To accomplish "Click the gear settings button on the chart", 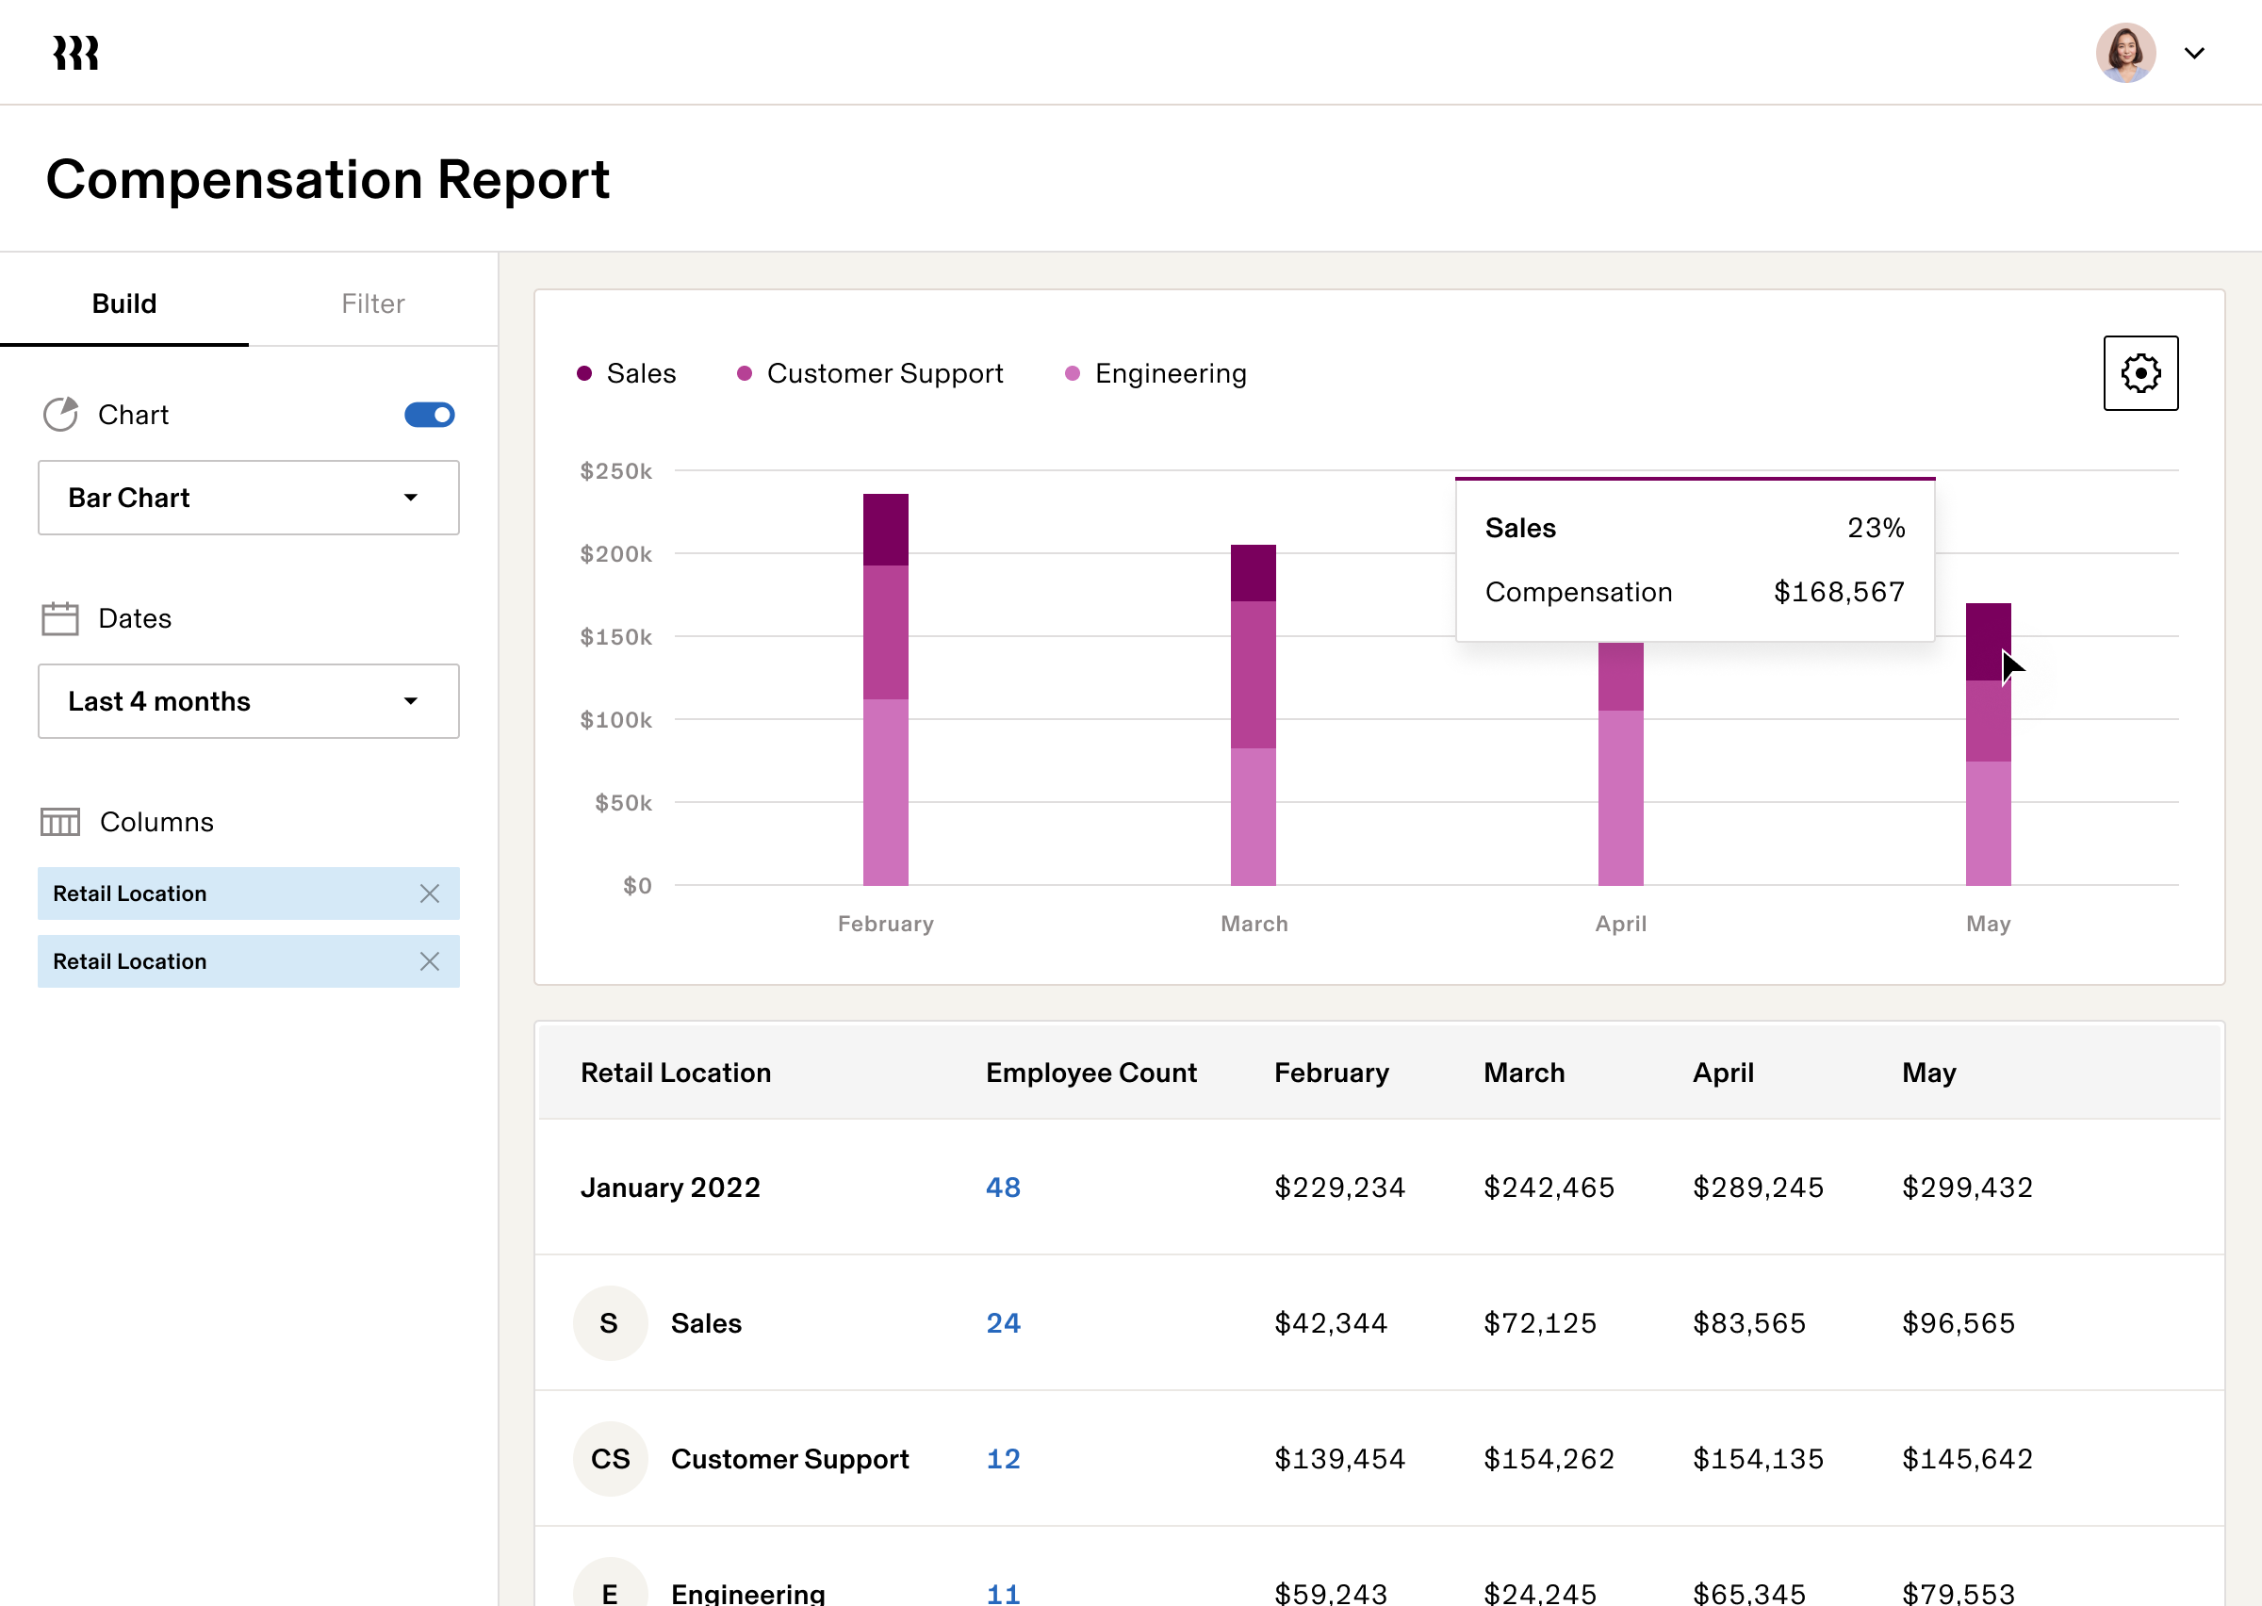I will tap(2140, 373).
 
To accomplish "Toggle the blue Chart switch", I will tap(429, 415).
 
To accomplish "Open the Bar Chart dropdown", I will tap(248, 498).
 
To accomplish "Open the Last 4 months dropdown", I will tap(248, 701).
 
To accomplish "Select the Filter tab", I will tap(372, 303).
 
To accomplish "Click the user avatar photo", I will tap(2124, 53).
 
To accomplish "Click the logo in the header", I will tap(76, 53).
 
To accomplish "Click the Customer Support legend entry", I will tap(870, 373).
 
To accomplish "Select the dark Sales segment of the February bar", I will tap(885, 529).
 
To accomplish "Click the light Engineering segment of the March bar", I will tap(1253, 816).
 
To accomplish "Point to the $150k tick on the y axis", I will tap(615, 637).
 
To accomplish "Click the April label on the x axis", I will tap(1620, 924).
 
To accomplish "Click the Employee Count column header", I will tap(1090, 1073).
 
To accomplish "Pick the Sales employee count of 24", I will tap(1003, 1323).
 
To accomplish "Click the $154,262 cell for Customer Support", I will tap(1549, 1459).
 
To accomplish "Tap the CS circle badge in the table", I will tap(610, 1459).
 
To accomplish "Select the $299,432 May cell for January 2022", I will tap(1966, 1187).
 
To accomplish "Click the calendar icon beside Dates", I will tap(60, 619).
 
